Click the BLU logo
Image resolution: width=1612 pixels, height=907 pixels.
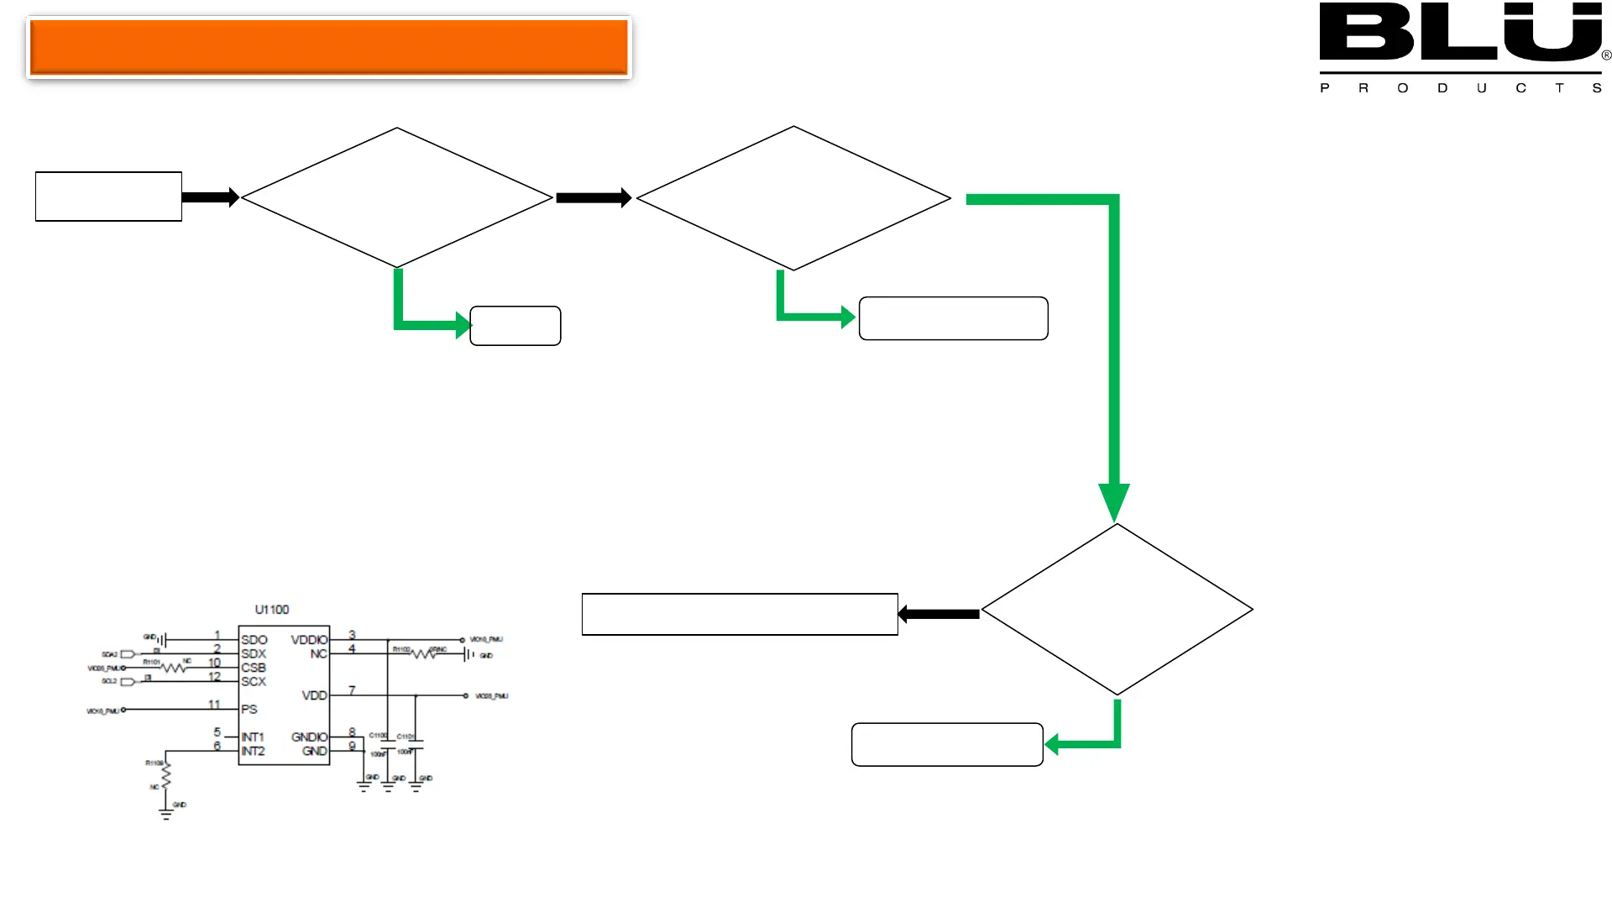1461,34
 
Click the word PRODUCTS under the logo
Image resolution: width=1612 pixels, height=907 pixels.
1461,88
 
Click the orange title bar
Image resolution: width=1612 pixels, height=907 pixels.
328,47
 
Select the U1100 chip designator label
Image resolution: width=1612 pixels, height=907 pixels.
271,610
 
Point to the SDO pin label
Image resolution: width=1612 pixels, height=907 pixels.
254,640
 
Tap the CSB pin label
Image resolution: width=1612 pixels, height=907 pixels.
254,668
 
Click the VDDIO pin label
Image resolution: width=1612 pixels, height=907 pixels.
309,640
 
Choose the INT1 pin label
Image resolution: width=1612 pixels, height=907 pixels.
252,737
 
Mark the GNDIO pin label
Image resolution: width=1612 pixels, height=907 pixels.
309,737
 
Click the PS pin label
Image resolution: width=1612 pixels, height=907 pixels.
249,710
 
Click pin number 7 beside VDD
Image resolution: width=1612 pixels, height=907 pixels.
352,690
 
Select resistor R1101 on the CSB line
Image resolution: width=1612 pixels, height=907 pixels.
173,668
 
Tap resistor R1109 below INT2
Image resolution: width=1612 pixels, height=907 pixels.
166,775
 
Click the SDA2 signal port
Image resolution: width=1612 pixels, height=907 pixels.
128,654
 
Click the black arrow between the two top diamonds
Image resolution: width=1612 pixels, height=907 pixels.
594,198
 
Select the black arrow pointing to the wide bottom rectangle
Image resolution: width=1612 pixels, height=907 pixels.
938,614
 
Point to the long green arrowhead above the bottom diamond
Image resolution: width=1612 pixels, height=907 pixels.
1114,502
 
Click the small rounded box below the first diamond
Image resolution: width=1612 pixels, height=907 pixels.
515,326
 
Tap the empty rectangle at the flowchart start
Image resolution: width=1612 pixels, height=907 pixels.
108,197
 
